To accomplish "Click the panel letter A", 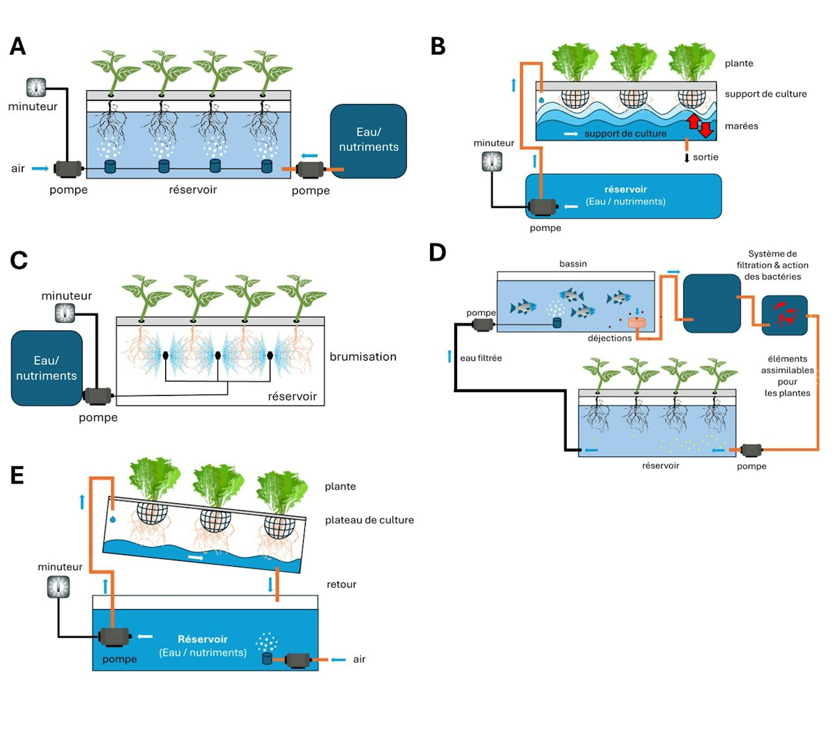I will tap(18, 46).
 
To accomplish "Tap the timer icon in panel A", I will tap(36, 87).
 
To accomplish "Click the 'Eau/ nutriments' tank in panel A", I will tap(368, 140).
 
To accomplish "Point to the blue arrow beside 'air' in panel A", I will tap(40, 169).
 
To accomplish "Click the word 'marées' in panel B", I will tap(741, 126).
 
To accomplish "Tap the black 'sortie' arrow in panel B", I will tap(687, 158).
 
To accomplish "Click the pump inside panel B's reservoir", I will tap(542, 207).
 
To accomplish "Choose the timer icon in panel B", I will tap(492, 162).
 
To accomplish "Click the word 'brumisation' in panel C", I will tap(363, 357).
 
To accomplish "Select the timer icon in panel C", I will tap(65, 313).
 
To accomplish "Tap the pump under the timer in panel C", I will tap(97, 396).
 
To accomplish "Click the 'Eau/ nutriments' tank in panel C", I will tap(47, 368).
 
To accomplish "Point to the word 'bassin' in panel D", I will tap(573, 264).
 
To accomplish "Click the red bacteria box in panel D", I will tap(784, 315).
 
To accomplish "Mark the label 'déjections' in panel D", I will tap(609, 338).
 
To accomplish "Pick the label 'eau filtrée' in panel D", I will tap(481, 358).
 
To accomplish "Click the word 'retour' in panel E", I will tap(341, 584).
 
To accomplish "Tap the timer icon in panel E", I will tap(58, 587).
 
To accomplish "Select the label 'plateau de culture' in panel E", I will tap(369, 520).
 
